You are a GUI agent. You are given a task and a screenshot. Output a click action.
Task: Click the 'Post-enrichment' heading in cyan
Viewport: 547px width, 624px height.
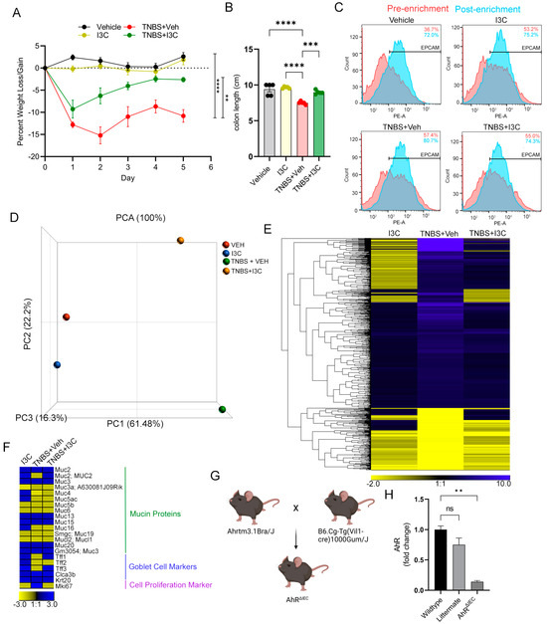pos(486,9)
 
